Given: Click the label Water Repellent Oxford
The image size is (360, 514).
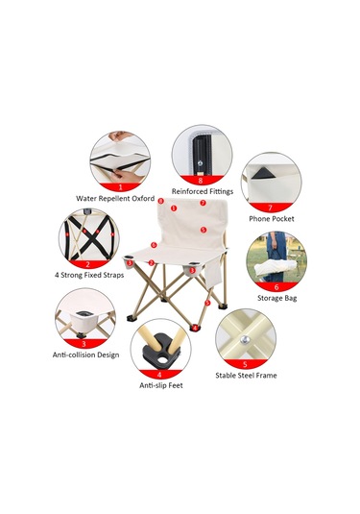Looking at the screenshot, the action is tap(115, 198).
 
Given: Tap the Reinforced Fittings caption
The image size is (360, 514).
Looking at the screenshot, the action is tap(203, 191).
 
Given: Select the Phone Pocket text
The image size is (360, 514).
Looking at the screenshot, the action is tap(272, 219).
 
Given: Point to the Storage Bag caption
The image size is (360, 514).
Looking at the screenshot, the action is tap(277, 298).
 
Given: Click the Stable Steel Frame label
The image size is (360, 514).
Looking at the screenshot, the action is tap(246, 376).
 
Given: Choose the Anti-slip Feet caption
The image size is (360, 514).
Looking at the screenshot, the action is tap(161, 385).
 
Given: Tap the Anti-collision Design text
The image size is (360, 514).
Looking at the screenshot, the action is tap(85, 355).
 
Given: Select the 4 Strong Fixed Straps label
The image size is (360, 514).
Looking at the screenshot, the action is tap(89, 275).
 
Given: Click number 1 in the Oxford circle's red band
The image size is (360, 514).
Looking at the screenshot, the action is tap(120, 187).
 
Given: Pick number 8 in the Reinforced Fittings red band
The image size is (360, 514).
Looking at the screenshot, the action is tap(201, 180).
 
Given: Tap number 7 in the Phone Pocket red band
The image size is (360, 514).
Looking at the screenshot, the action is tap(271, 208).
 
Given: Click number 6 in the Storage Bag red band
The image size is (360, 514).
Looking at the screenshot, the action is tap(276, 287).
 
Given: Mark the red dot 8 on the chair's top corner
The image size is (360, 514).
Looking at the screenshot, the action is tap(160, 201).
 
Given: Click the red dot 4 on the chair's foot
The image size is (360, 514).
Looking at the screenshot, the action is tap(195, 328).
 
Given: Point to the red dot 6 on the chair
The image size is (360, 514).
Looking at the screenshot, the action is tap(154, 245).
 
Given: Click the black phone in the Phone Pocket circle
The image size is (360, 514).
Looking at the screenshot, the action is tap(263, 173).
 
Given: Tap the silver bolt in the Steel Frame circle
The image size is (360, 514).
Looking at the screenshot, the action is tap(244, 339).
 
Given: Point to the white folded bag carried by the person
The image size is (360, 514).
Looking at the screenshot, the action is tap(272, 268).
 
